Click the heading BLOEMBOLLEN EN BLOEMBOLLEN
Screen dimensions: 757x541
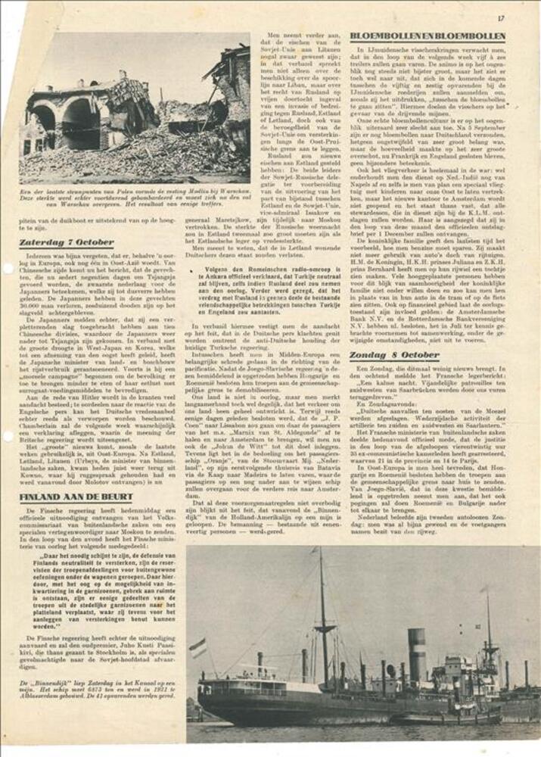(428, 36)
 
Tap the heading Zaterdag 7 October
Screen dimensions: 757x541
(67, 243)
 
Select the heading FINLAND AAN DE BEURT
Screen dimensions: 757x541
(76, 497)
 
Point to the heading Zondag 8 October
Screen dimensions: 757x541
(395, 355)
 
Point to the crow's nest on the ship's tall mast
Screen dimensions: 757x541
(324, 627)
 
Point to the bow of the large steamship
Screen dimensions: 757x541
(522, 693)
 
